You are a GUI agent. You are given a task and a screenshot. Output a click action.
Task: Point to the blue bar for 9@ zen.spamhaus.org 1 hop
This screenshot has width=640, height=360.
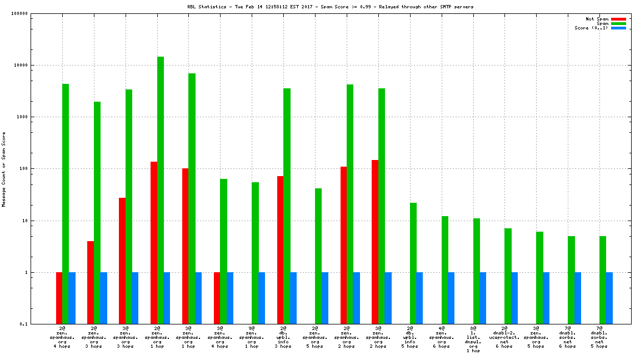(x=262, y=298)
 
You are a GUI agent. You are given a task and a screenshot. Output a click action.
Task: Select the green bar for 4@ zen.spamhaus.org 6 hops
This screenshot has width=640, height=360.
(x=445, y=269)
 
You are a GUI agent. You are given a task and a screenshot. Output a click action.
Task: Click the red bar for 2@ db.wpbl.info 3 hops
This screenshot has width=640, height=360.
(x=281, y=249)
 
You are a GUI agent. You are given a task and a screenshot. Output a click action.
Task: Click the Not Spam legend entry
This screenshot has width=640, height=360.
(x=597, y=19)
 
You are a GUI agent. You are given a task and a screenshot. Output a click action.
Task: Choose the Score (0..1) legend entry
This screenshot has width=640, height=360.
(x=591, y=28)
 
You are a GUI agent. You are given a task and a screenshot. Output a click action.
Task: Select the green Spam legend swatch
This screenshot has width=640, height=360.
(x=618, y=23)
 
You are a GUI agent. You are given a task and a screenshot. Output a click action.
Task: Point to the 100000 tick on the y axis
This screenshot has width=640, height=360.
(x=19, y=13)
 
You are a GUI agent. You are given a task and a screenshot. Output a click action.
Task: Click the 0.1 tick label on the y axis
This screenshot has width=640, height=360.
(x=23, y=324)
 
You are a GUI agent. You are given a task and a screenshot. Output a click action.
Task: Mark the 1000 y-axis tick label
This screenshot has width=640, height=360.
(x=22, y=117)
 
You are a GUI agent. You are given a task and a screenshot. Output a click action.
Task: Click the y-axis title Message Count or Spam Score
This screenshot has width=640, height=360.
(x=3, y=169)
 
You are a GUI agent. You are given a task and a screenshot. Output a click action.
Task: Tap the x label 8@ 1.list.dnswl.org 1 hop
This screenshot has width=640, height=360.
(x=473, y=339)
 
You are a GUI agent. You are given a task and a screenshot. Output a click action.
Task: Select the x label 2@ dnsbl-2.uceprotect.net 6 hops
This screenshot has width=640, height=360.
(x=504, y=337)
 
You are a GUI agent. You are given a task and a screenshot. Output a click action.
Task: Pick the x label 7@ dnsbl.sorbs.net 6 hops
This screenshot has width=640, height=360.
(x=568, y=337)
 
